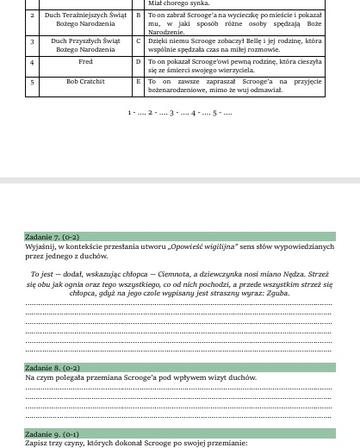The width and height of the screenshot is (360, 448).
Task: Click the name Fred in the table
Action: tap(84, 63)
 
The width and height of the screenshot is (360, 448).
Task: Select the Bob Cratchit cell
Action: tap(84, 82)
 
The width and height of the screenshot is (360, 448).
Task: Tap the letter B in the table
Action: tap(139, 17)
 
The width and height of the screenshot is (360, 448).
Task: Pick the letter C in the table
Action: tap(139, 40)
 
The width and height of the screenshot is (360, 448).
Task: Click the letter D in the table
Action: tap(139, 63)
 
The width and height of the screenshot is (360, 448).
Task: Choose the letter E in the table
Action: tap(139, 82)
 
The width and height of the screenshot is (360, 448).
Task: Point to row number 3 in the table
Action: tap(32, 40)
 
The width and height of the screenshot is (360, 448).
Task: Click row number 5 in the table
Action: tap(32, 82)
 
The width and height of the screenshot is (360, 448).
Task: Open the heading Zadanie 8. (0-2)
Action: tap(51, 367)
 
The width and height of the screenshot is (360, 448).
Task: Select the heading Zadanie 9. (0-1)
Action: tap(51, 433)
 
